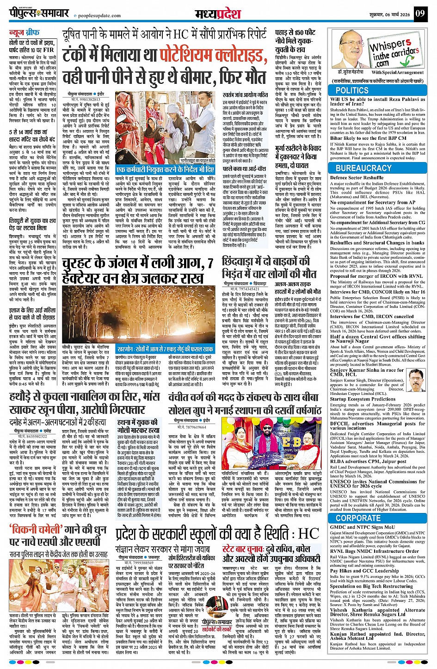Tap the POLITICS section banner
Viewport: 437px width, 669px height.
click(x=352, y=90)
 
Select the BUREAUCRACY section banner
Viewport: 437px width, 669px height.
click(x=363, y=168)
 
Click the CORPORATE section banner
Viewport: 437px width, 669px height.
click(x=358, y=518)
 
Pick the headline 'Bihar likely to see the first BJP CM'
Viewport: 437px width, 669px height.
click(x=369, y=138)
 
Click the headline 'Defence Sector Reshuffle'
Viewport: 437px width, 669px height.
click(x=357, y=178)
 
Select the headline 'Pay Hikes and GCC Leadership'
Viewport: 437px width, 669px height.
click(x=364, y=571)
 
